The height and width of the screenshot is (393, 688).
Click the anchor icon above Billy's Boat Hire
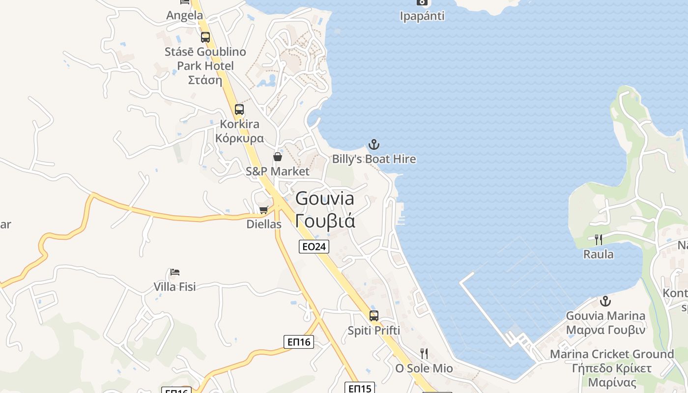(x=374, y=144)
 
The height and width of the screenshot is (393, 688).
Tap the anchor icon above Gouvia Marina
(x=605, y=301)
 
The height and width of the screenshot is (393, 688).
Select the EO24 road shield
(x=314, y=247)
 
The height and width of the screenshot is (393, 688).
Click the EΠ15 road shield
(x=360, y=388)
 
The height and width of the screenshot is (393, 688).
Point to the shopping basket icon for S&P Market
(x=278, y=157)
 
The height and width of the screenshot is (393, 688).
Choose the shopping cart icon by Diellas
(x=264, y=210)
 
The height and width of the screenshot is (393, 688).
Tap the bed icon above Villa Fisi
(x=174, y=272)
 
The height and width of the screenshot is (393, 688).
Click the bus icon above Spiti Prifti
(x=374, y=316)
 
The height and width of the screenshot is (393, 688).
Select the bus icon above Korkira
(x=239, y=110)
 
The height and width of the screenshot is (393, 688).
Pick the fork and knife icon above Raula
(x=599, y=240)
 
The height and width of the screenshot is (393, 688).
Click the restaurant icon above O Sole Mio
(x=424, y=353)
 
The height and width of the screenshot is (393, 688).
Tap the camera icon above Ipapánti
(x=422, y=2)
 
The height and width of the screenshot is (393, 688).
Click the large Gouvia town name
(x=325, y=198)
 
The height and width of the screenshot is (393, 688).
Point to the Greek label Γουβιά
(x=325, y=221)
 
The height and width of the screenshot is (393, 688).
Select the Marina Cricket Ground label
(x=612, y=354)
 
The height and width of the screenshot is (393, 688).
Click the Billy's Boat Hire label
(x=374, y=159)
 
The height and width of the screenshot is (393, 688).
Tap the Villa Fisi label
(x=174, y=286)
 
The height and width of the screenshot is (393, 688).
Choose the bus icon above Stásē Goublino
(x=205, y=37)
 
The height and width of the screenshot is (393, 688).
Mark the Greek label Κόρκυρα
(x=240, y=138)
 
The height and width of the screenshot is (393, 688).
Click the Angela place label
(x=184, y=15)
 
